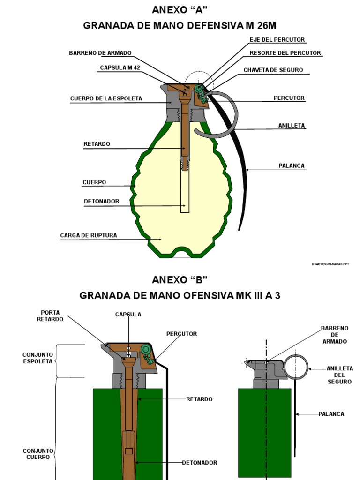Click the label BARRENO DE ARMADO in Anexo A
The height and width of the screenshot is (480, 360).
(100, 53)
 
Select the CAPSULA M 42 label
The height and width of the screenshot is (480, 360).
(120, 68)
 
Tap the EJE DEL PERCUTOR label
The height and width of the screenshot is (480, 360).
(277, 40)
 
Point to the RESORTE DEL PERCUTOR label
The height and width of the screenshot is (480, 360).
(285, 53)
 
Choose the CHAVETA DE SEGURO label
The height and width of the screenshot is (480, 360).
(273, 70)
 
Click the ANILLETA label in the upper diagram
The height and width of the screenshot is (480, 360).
(292, 126)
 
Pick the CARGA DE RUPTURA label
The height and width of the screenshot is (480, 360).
(89, 235)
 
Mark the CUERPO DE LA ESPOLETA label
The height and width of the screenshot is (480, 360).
(106, 98)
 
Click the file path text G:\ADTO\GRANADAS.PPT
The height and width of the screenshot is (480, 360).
(330, 265)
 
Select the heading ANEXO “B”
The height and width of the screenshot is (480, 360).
(180, 280)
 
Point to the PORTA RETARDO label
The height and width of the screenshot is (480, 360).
(51, 315)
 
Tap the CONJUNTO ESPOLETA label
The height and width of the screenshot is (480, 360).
(37, 359)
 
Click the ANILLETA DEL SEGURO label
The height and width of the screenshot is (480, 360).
(340, 375)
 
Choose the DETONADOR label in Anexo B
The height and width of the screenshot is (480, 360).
(200, 463)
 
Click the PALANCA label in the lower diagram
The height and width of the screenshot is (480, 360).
(331, 414)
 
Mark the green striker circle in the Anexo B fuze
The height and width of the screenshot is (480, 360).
(146, 349)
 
